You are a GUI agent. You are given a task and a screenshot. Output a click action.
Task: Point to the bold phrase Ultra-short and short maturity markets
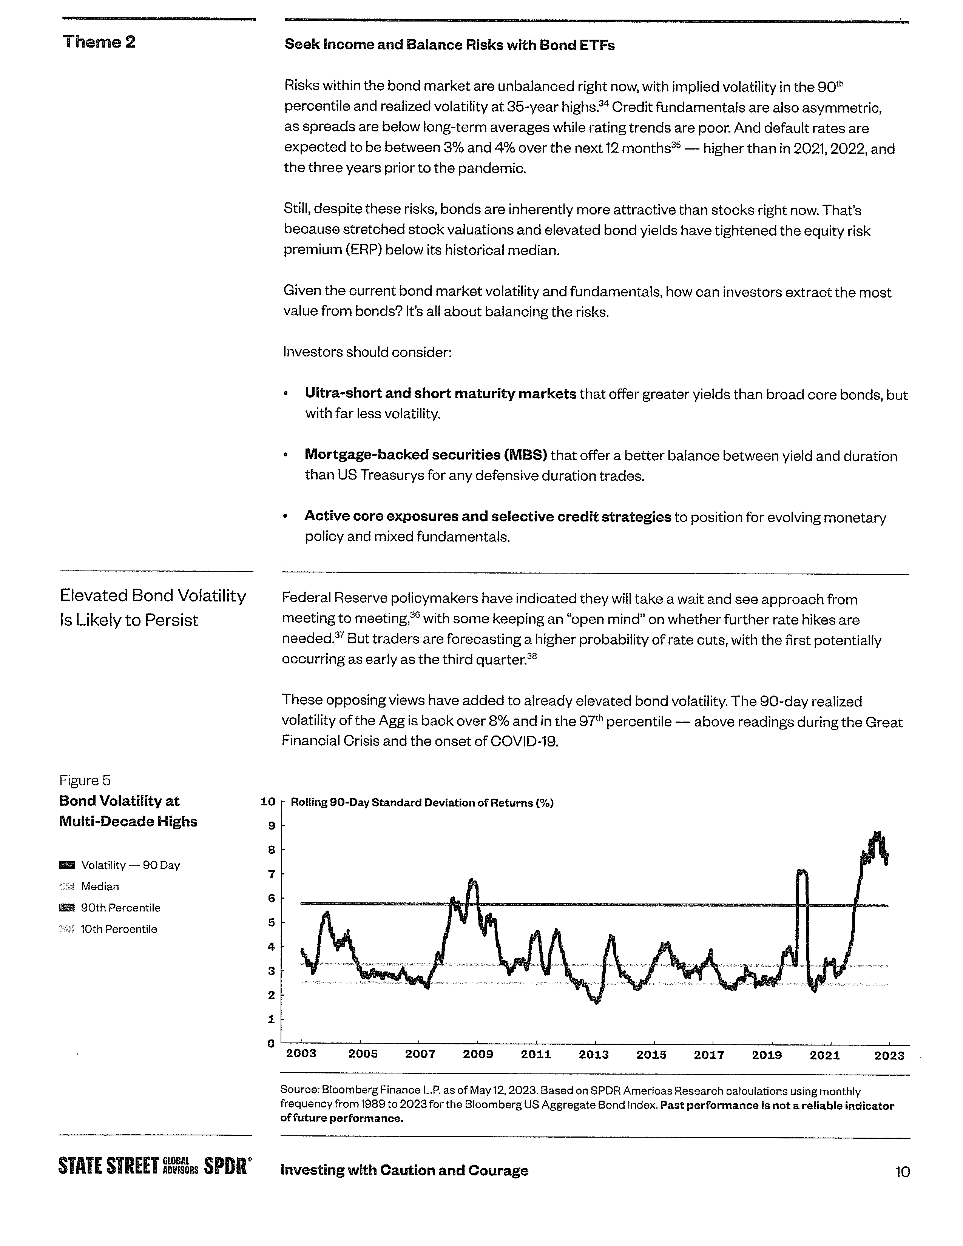(440, 394)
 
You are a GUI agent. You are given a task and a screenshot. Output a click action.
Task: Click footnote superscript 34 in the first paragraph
(604, 103)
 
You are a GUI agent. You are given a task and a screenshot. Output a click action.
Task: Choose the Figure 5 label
(85, 780)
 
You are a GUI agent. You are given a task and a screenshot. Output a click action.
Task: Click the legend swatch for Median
(67, 887)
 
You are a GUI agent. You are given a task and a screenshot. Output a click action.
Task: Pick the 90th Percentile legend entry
(120, 908)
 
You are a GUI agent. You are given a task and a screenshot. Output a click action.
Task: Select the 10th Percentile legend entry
(118, 929)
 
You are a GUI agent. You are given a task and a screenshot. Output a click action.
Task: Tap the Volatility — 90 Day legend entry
(130, 865)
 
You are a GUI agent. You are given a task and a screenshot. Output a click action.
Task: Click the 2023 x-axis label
(889, 1055)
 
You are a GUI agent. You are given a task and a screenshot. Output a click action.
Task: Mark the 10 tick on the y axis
(268, 802)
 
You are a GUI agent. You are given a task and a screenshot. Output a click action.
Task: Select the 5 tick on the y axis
(272, 922)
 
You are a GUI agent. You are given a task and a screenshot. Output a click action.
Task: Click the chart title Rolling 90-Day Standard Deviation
(421, 803)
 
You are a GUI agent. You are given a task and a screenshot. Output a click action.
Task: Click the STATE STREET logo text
(108, 1166)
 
